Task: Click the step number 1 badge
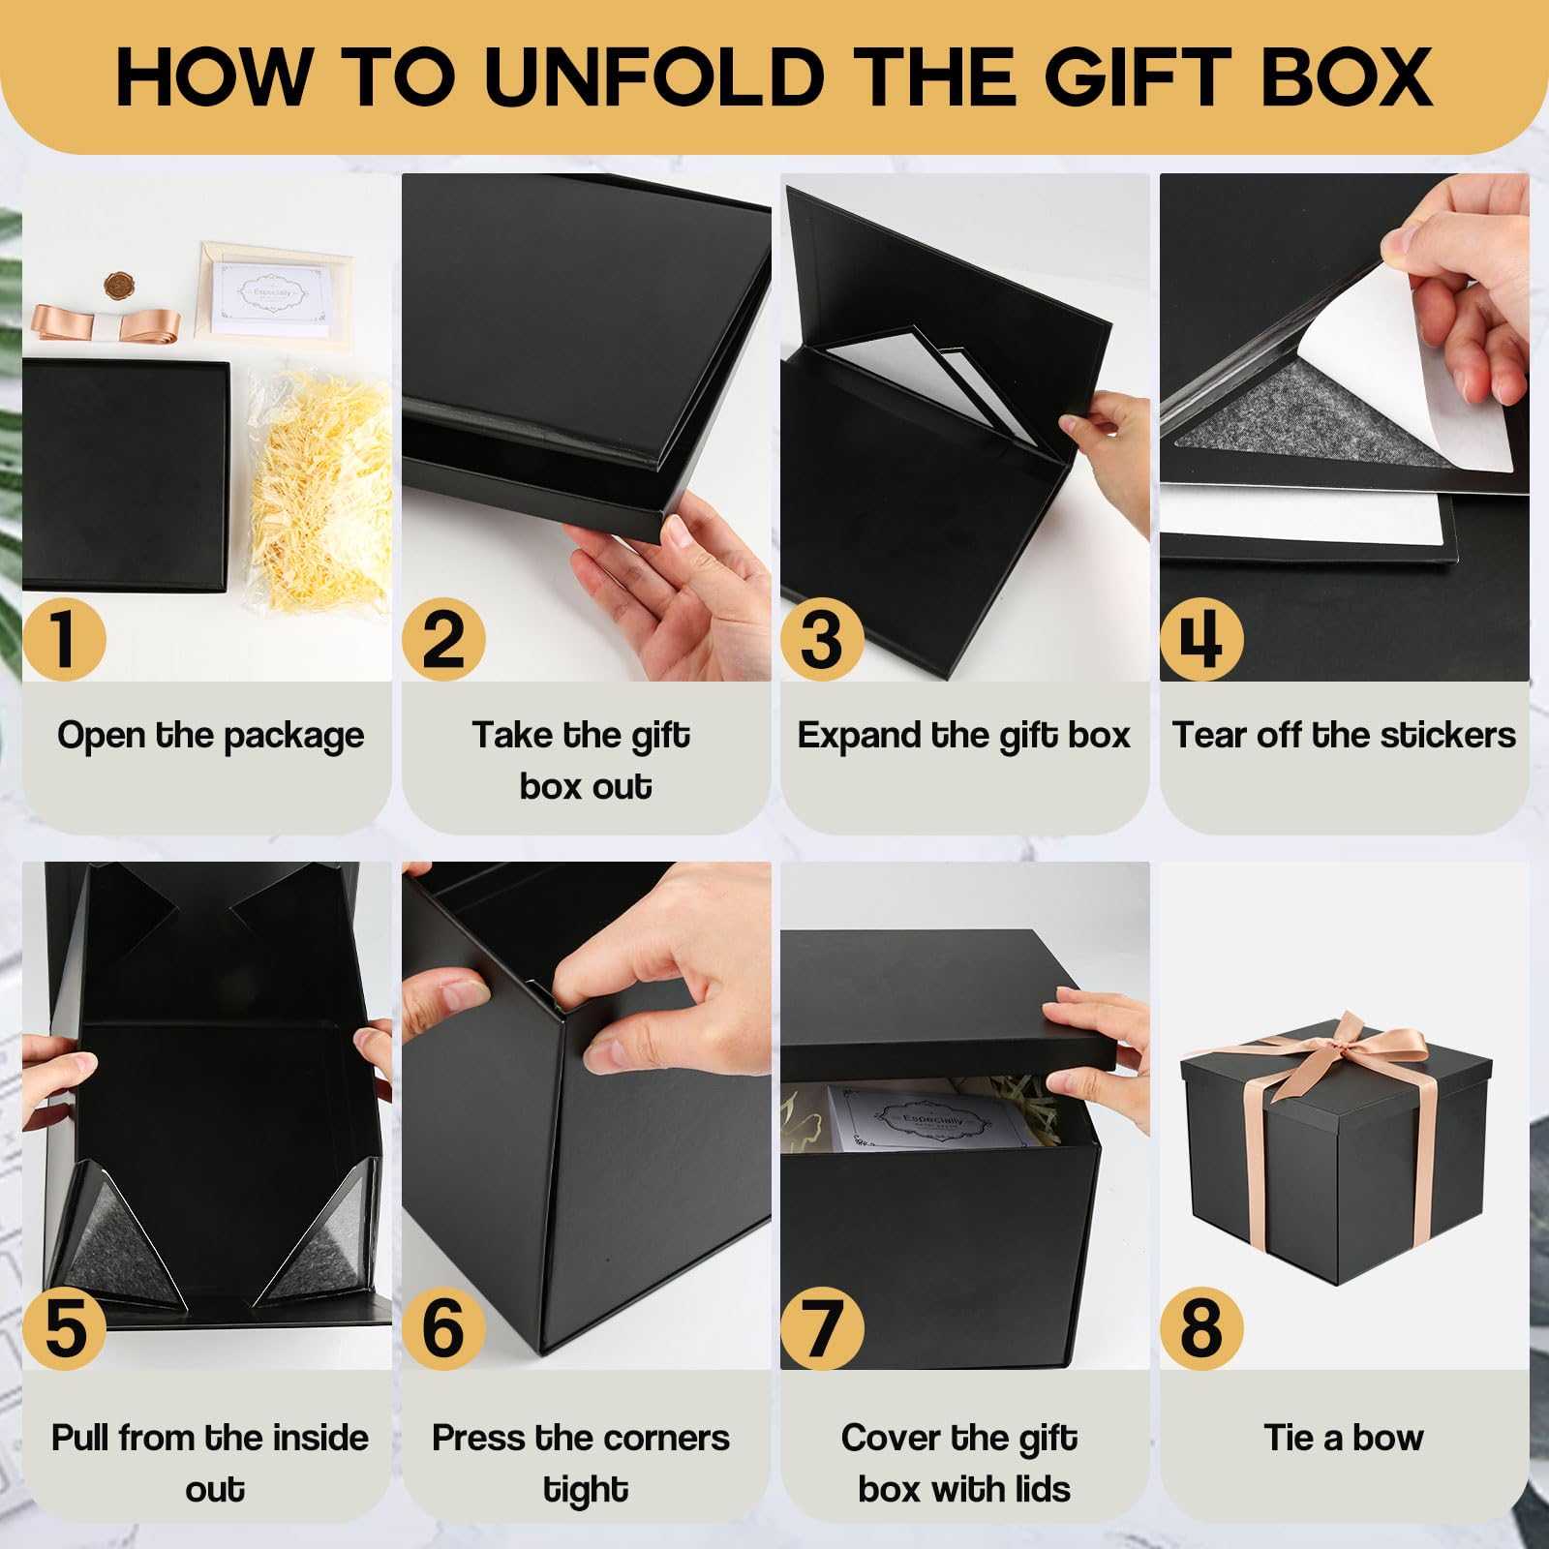point(64,639)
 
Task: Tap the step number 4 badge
point(1201,639)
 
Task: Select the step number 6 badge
point(443,1328)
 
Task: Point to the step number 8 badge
point(1201,1328)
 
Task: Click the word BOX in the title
point(1347,77)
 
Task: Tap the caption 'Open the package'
point(210,736)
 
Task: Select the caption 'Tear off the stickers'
point(1344,736)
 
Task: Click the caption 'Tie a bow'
point(1344,1439)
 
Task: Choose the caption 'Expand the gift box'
point(963,736)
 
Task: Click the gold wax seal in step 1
point(118,286)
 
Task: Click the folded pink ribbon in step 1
point(106,323)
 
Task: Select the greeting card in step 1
point(271,295)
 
